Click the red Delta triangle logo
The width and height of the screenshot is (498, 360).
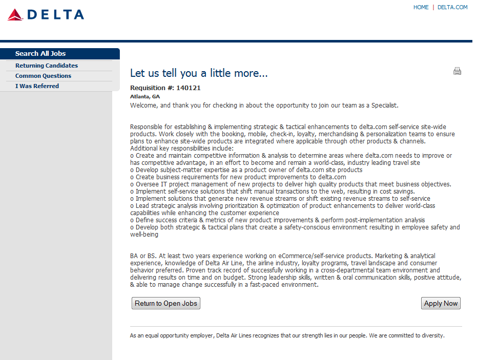point(15,15)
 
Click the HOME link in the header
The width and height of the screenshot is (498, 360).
point(421,7)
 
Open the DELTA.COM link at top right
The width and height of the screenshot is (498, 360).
point(452,7)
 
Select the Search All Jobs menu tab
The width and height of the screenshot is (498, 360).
point(40,54)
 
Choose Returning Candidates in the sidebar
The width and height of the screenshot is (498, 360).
point(47,66)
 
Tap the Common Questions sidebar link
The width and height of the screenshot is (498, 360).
point(43,76)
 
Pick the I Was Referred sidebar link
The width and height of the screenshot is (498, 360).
point(37,86)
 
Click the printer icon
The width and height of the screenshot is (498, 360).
point(457,71)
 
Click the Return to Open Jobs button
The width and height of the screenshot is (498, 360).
point(165,303)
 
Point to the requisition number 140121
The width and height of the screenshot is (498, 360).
point(189,88)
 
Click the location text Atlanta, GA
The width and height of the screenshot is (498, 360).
point(145,96)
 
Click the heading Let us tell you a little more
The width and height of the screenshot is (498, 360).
point(199,73)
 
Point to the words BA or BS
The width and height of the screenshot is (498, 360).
point(143,256)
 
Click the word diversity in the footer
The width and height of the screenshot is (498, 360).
point(433,336)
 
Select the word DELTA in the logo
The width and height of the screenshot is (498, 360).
point(56,15)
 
